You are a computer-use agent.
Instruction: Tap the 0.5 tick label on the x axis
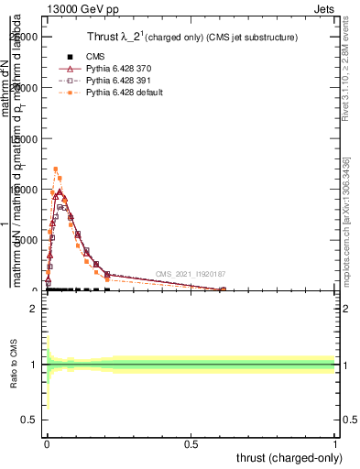click(x=191, y=443)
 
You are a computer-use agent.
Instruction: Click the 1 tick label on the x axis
click(x=335, y=443)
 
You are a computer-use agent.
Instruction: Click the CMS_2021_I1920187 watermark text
click(x=191, y=274)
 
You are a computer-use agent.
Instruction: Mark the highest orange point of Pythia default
click(x=56, y=169)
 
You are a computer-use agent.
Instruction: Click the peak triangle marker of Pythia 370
click(x=60, y=192)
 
